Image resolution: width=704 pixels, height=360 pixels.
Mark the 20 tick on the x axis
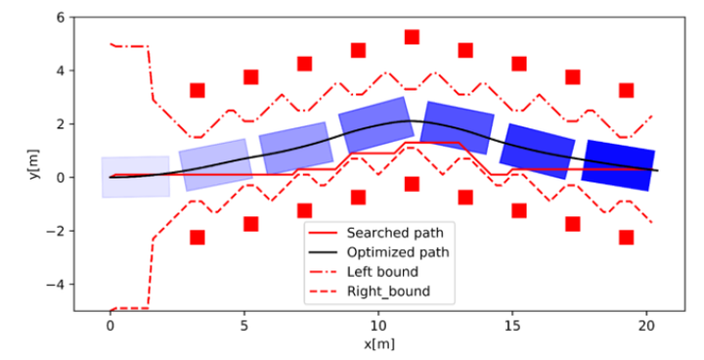click(645, 324)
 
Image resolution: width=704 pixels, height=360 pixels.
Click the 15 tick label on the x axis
click(511, 324)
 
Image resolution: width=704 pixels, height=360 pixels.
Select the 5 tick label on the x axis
click(244, 324)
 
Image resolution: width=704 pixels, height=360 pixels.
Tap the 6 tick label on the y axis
click(60, 18)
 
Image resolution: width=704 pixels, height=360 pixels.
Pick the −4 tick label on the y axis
click(56, 285)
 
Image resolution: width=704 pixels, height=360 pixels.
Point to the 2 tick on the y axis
click(60, 124)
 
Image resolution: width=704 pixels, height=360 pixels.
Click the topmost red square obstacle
click(412, 37)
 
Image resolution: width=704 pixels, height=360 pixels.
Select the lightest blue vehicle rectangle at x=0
click(136, 177)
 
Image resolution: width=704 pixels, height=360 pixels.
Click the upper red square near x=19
click(627, 90)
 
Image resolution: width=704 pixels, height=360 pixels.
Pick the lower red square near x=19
click(627, 237)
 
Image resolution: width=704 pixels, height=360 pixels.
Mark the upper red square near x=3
click(198, 90)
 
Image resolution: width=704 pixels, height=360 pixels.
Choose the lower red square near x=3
click(198, 237)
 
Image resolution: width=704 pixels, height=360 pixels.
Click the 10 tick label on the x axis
click(377, 324)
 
